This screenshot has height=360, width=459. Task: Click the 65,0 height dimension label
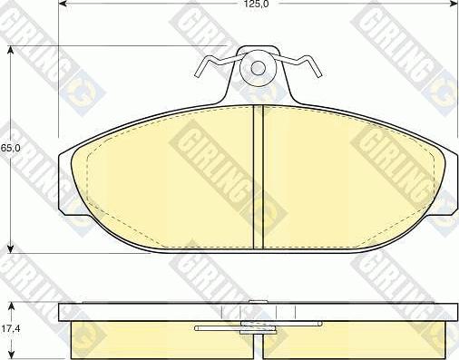tap(10, 148)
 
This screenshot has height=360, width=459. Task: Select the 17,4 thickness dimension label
tap(10, 328)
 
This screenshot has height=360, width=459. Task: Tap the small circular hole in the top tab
tap(258, 68)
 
